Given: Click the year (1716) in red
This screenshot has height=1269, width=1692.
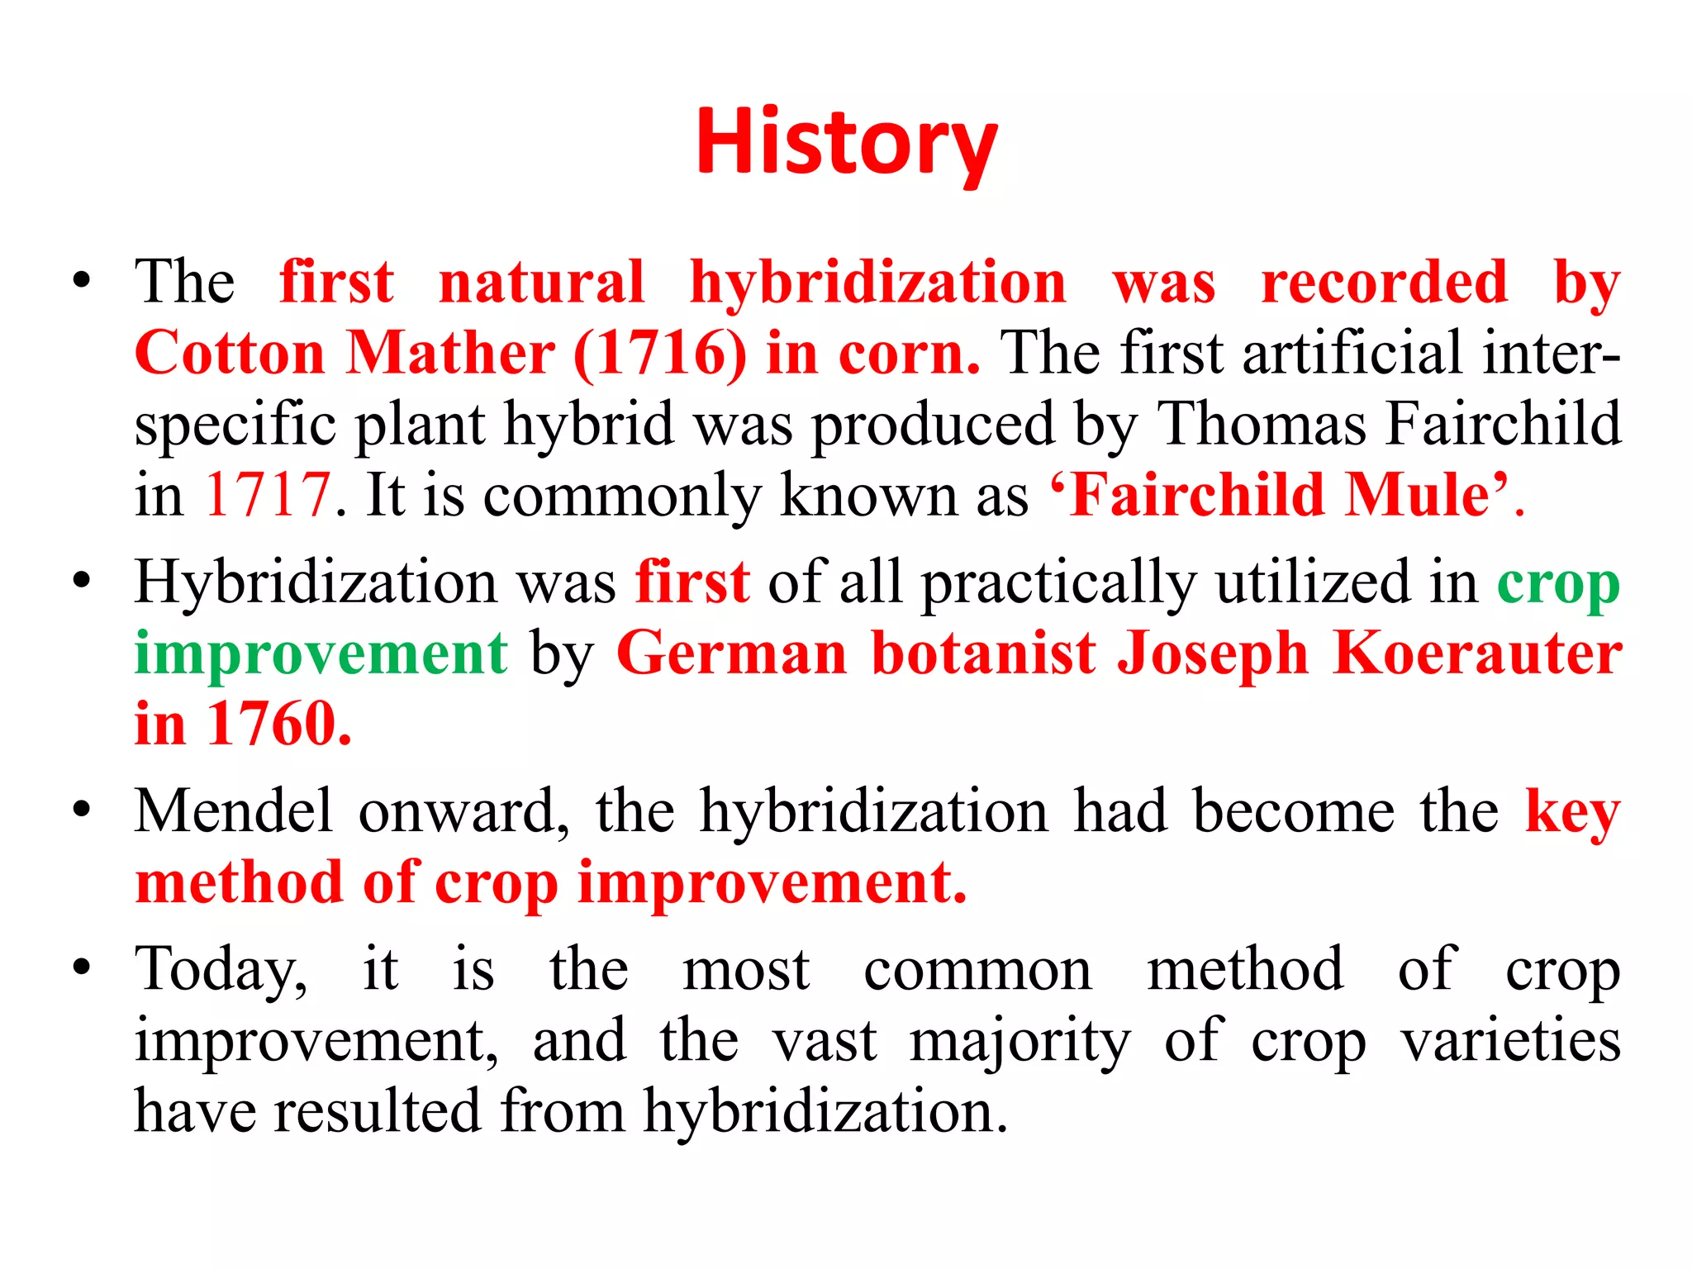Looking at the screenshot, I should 659,354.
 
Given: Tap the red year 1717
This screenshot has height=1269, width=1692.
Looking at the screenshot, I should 268,495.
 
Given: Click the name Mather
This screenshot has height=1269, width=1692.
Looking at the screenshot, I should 450,354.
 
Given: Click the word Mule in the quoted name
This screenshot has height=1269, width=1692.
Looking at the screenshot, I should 1416,495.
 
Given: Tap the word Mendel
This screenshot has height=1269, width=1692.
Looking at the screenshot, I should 234,810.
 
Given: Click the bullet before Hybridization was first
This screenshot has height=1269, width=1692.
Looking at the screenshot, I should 80,582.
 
